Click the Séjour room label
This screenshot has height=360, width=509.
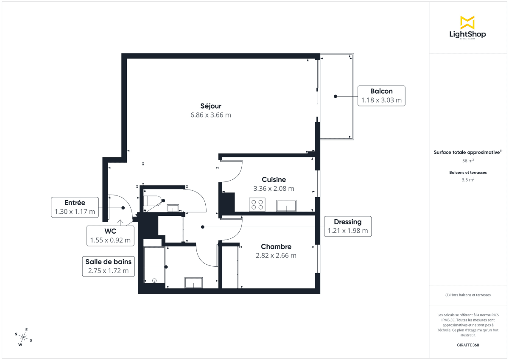click(x=211, y=106)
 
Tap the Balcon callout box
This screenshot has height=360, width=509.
click(x=381, y=96)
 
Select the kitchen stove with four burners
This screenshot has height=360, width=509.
click(x=257, y=205)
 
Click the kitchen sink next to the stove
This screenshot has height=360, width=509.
click(x=286, y=206)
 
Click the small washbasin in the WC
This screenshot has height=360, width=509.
click(x=173, y=208)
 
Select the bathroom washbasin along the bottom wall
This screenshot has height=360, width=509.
click(x=193, y=283)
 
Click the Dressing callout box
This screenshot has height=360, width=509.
click(x=347, y=226)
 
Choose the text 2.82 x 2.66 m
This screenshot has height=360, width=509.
click(x=276, y=255)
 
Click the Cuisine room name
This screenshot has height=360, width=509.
click(x=274, y=180)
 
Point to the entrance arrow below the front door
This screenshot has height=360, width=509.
click(x=120, y=221)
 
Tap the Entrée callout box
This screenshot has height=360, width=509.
click(x=75, y=207)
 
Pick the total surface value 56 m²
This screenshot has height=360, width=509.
click(x=468, y=161)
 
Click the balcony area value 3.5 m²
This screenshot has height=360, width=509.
click(x=468, y=180)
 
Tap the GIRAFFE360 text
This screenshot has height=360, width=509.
click(x=468, y=345)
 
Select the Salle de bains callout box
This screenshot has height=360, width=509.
click(x=108, y=266)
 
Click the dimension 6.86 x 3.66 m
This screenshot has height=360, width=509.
click(x=211, y=115)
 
